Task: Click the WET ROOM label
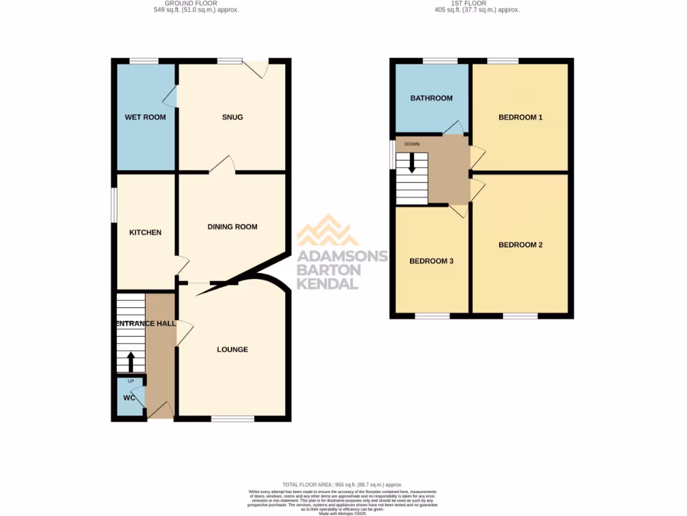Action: (x=145, y=118)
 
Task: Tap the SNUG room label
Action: (x=233, y=118)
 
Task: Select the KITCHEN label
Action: (x=146, y=232)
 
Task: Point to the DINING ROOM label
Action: (x=232, y=227)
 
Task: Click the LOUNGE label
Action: (x=232, y=349)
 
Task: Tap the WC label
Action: (x=129, y=398)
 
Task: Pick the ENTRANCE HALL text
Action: (x=146, y=324)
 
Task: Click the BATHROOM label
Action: (x=431, y=98)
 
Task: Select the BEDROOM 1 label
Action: (x=521, y=118)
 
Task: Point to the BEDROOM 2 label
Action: (x=521, y=245)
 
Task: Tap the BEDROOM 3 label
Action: (x=431, y=261)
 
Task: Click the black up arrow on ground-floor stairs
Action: (x=131, y=362)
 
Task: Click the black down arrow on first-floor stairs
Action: (x=412, y=163)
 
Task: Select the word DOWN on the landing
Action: (x=411, y=144)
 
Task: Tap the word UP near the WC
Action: (x=131, y=381)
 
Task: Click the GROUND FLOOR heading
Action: (x=195, y=3)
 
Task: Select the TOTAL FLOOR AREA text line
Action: (x=342, y=484)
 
